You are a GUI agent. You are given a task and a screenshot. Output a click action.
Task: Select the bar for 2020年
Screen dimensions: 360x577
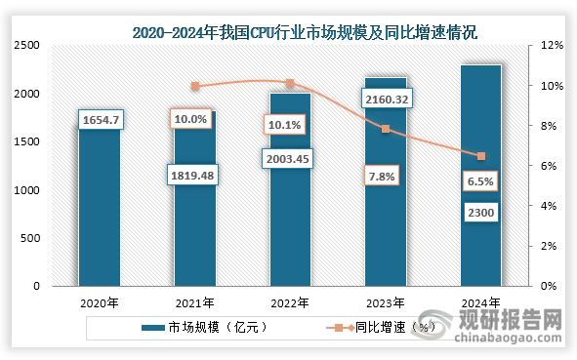click(99, 215)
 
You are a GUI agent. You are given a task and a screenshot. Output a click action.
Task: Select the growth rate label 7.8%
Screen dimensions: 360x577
click(385, 175)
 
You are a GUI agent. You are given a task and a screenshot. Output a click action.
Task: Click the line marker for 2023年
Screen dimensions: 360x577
click(386, 129)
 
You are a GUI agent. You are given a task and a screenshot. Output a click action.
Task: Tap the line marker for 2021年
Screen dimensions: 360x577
click(194, 86)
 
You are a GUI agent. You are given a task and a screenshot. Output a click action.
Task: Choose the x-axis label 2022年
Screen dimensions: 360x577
click(289, 303)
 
